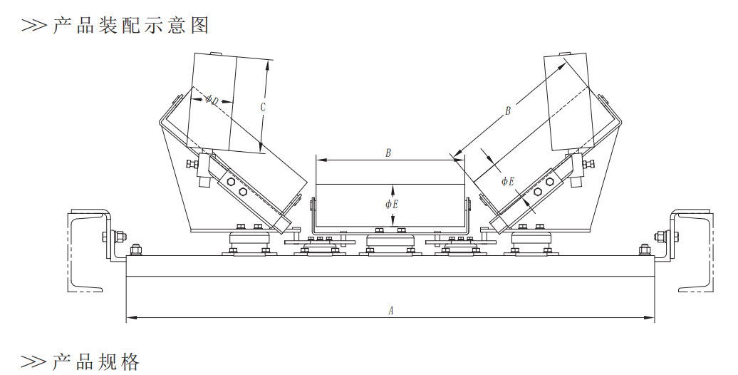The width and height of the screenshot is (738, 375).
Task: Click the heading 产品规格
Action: tap(95, 361)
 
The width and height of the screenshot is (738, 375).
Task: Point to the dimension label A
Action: tap(390, 310)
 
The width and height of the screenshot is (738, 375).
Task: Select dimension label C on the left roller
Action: tap(263, 108)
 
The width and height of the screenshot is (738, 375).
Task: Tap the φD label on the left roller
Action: tap(212, 100)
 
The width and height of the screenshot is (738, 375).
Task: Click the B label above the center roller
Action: tap(388, 153)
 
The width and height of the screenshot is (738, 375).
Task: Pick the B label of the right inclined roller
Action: tap(508, 111)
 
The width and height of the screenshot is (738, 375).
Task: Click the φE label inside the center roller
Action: tap(391, 204)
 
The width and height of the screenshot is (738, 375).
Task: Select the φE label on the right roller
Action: tap(507, 181)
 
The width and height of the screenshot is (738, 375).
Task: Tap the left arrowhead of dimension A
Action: tap(130, 317)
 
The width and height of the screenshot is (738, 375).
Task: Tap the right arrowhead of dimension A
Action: tap(651, 317)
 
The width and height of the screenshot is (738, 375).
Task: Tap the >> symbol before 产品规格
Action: tap(33, 361)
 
